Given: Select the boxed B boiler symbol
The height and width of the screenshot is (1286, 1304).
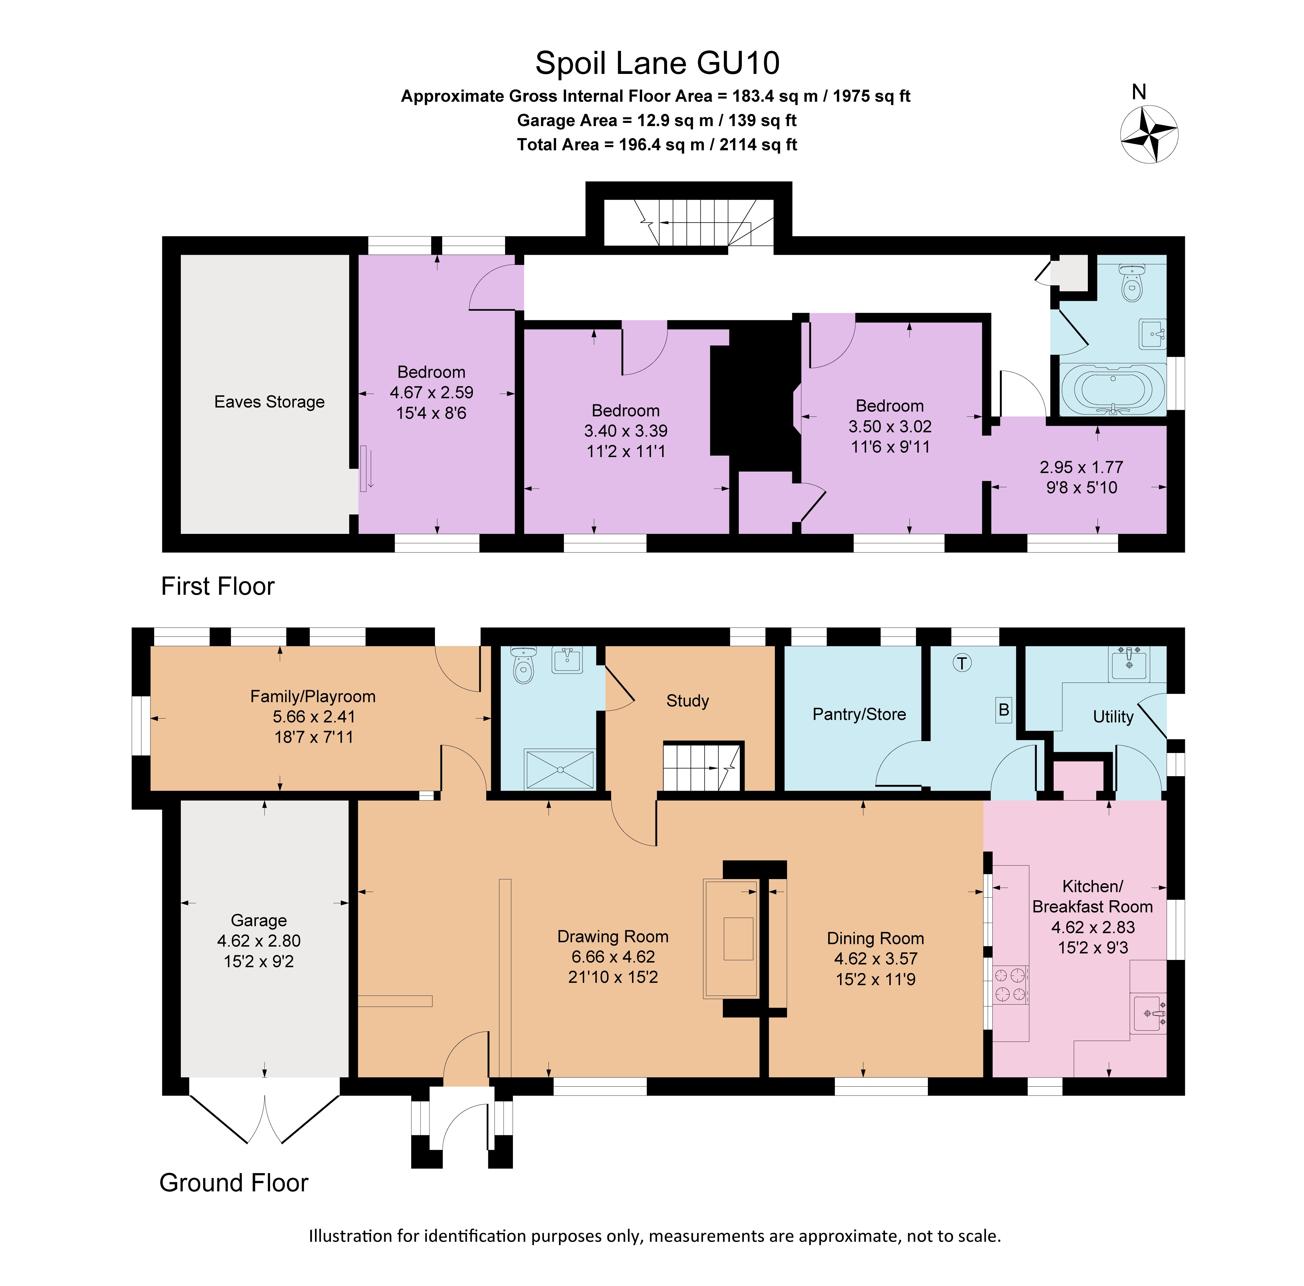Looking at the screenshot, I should point(1004,710).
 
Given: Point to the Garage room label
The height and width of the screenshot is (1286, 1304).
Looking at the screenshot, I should point(258,920).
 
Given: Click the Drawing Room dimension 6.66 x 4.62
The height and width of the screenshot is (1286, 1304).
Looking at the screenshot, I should point(613,956).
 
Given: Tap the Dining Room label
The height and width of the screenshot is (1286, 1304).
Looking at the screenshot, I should point(875,938).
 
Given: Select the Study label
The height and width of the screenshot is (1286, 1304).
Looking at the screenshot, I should point(687,701).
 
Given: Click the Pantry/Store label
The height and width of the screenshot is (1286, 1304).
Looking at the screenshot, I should point(859,714).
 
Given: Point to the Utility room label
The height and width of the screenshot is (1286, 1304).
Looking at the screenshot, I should point(1112,717).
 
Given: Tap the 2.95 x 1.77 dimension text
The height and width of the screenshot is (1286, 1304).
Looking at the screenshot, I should point(1081,467).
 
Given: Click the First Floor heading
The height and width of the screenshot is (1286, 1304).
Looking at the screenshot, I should point(217,586).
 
